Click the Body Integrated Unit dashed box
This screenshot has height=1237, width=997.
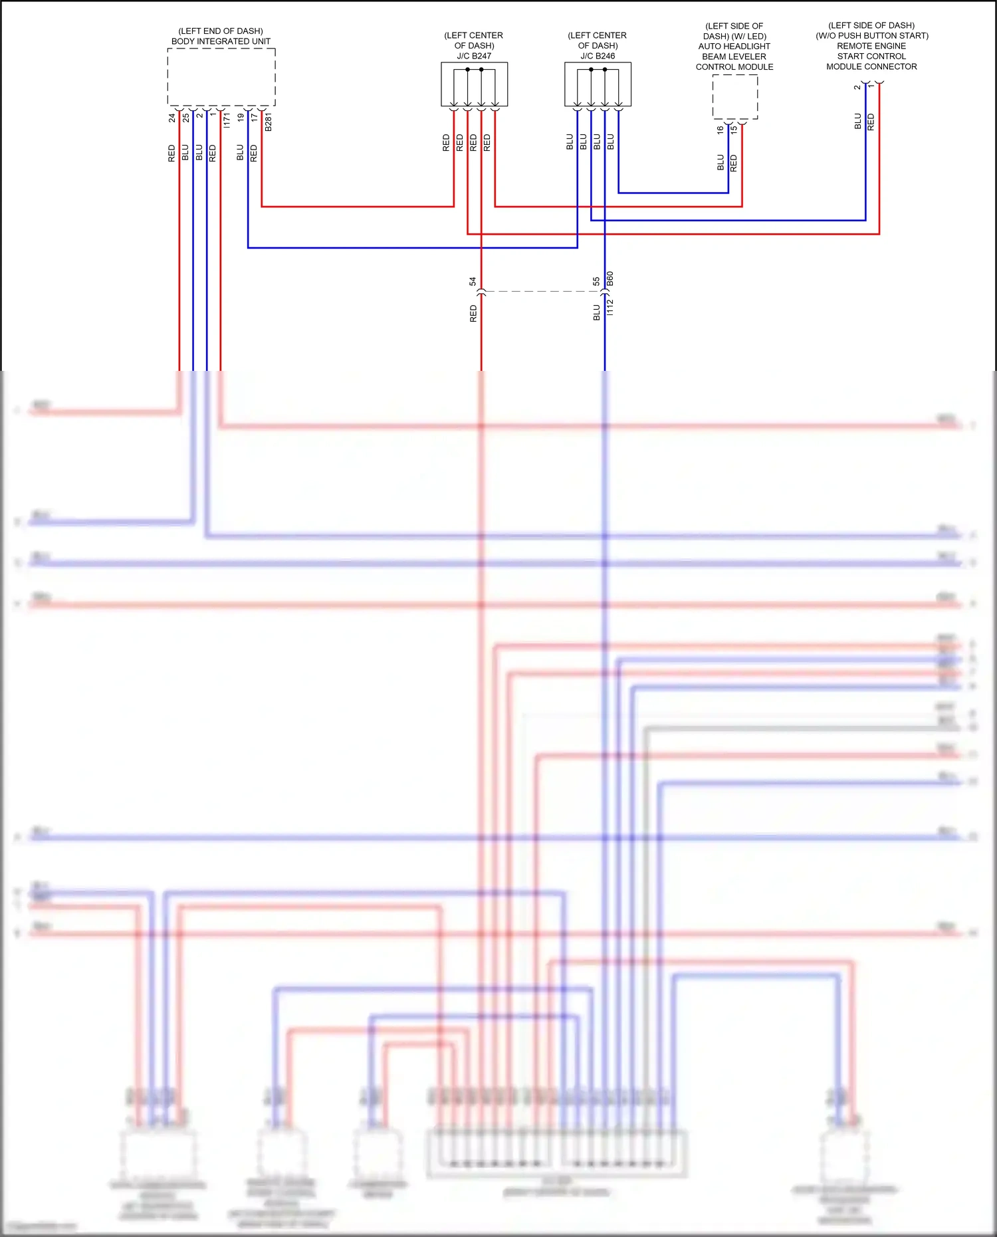pos(221,76)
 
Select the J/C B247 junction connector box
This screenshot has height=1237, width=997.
pos(474,84)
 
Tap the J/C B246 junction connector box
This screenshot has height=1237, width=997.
pos(598,84)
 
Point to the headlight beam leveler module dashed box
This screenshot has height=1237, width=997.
pos(734,96)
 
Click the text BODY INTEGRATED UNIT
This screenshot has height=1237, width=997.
pos(221,41)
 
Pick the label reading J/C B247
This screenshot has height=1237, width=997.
pos(474,56)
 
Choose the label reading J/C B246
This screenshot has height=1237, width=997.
pos(598,56)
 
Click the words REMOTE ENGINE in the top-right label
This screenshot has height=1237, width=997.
pos(871,46)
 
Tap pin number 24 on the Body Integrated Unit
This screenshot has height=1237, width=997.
pos(172,118)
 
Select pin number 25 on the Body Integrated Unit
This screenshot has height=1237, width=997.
pos(186,118)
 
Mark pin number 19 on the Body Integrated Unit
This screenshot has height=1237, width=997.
pos(241,118)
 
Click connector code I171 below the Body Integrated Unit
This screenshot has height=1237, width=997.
pos(227,120)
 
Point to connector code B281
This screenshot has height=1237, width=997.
pos(269,122)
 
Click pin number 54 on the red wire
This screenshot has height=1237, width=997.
pos(473,282)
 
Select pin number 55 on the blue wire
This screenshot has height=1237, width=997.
pos(596,282)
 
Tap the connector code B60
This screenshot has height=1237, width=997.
pos(610,279)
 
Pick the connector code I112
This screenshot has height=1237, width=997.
pos(610,307)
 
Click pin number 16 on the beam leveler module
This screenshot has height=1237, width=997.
pos(720,130)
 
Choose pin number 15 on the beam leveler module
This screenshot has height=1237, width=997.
pos(734,130)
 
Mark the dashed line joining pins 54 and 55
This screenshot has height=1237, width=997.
pos(542,291)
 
